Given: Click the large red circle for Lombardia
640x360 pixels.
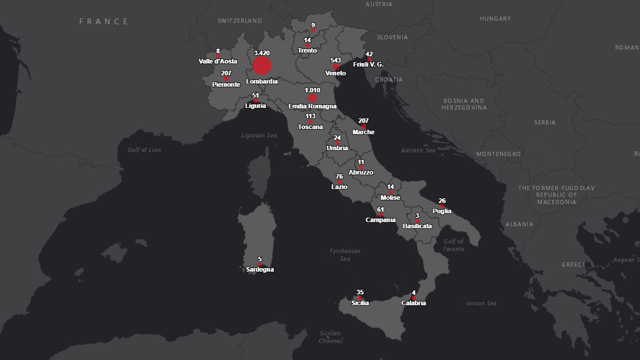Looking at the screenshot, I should tap(262, 66).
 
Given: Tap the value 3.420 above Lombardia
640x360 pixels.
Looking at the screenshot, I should tap(262, 53).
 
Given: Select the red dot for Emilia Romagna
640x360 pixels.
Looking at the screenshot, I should tap(313, 98).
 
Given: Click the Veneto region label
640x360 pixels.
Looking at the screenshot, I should tap(335, 73).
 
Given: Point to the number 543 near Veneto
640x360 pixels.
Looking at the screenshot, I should tap(335, 60).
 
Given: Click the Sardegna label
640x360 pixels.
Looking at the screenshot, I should tap(260, 270).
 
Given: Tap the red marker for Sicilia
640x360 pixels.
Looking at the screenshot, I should tap(360, 298).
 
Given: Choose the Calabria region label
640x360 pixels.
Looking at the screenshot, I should tap(414, 303).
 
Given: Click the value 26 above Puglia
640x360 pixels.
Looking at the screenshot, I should tap(442, 201).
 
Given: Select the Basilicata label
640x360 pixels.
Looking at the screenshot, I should tap(417, 226).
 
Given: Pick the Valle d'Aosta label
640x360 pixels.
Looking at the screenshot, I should tap(218, 61).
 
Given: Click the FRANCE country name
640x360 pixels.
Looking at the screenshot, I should tap(104, 22).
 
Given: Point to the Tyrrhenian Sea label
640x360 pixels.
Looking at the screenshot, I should tap(345, 255).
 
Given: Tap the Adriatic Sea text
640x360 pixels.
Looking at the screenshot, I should tap(418, 150).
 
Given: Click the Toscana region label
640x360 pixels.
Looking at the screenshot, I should tap(310, 127).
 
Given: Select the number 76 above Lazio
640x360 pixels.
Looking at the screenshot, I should tap(339, 177).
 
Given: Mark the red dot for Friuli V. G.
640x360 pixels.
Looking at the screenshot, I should tap(369, 59).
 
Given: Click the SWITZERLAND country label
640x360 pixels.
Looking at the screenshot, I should tap(240, 21).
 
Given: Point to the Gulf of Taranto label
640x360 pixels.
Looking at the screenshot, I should tap(454, 245).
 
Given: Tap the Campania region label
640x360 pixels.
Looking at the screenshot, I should tap(381, 220).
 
